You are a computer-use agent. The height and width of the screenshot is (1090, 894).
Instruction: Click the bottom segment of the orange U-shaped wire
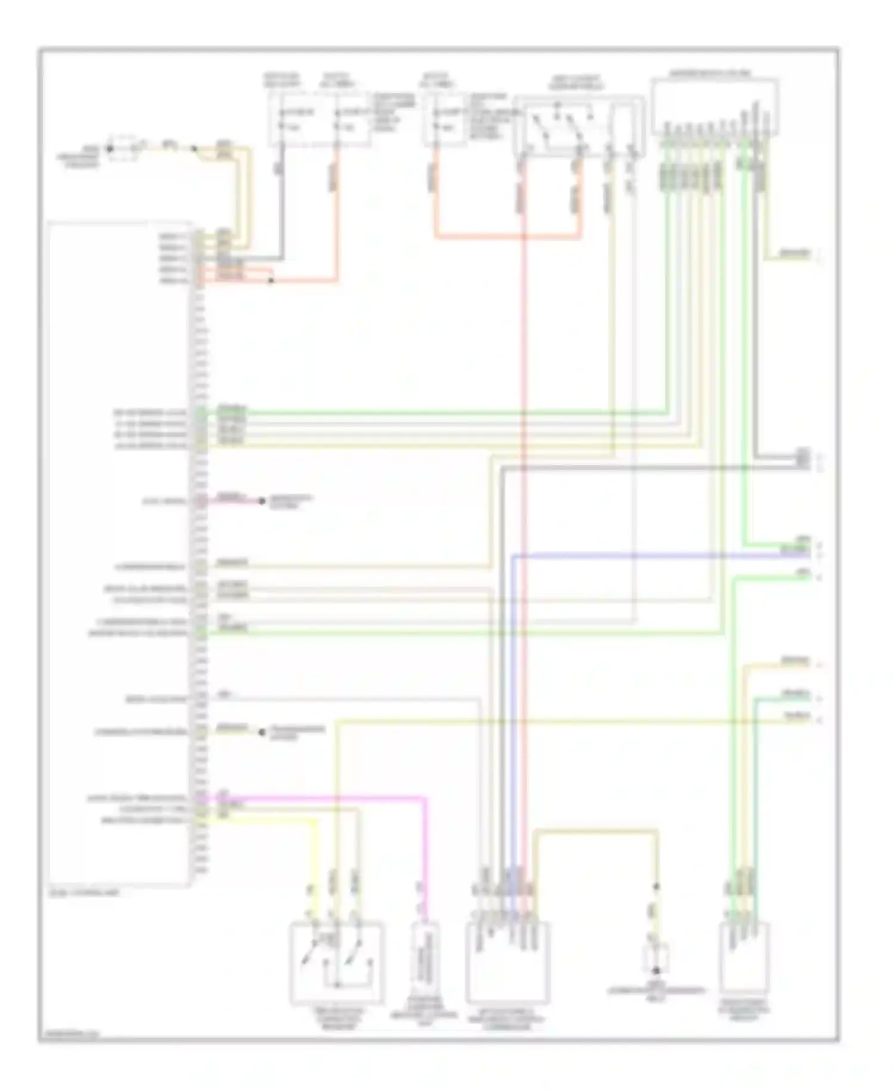click(507, 237)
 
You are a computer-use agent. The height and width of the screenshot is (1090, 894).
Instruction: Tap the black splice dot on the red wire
click(271, 280)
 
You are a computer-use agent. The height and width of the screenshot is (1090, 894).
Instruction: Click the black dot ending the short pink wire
click(261, 501)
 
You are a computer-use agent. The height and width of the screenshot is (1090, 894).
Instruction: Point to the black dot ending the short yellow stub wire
click(261, 732)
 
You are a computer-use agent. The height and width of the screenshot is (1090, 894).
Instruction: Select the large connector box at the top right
click(714, 106)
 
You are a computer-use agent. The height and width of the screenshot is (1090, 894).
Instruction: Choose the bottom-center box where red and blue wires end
click(507, 962)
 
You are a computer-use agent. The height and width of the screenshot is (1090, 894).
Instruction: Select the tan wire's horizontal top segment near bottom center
click(596, 830)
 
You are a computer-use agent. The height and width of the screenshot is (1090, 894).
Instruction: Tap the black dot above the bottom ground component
click(657, 887)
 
